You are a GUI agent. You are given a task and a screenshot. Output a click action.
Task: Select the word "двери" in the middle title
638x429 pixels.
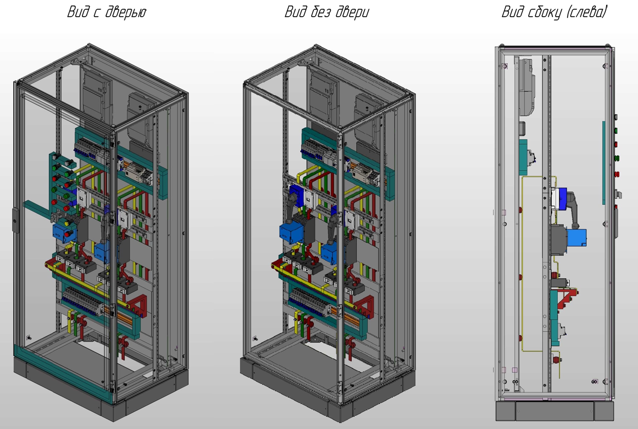352,13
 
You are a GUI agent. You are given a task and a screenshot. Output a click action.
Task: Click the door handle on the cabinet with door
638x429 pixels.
15,220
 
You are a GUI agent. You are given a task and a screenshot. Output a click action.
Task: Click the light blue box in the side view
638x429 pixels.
576,237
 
